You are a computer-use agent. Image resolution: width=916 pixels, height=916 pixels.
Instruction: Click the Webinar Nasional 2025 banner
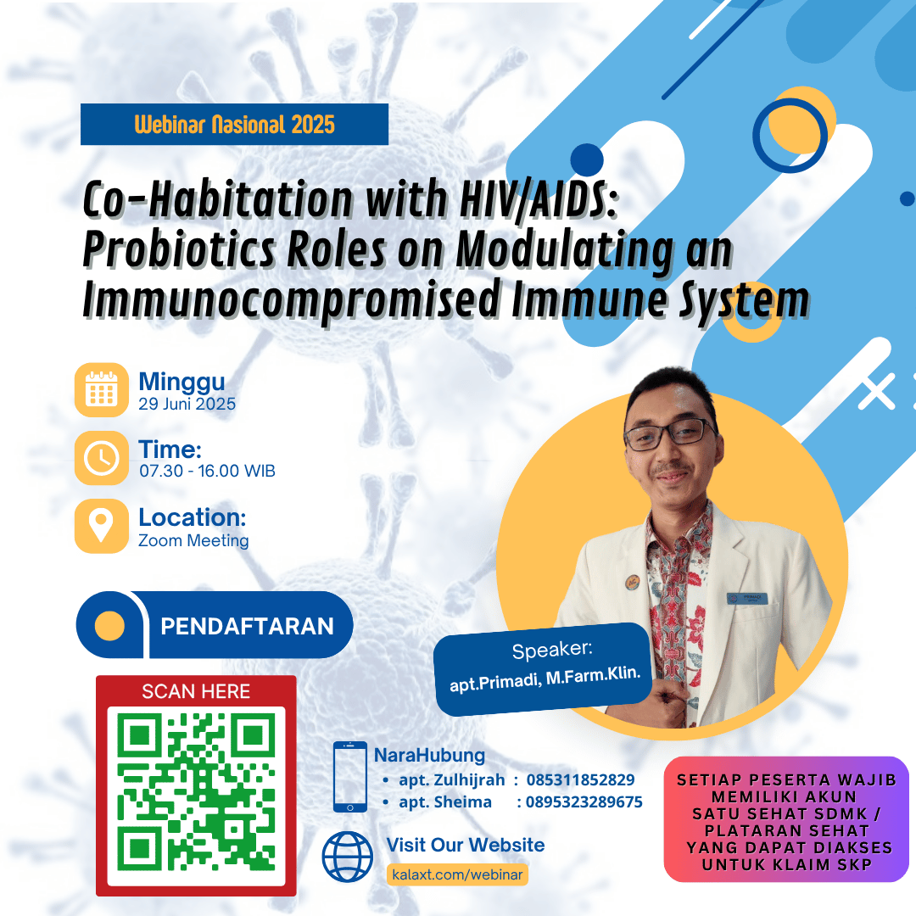234,124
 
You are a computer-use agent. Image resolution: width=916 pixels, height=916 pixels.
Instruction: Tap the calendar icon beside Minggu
102,389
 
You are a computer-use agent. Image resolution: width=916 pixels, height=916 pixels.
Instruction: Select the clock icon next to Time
102,458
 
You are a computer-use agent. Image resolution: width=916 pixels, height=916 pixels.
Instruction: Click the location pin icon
102,526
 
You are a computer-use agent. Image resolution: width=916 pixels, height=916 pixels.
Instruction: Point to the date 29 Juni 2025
187,404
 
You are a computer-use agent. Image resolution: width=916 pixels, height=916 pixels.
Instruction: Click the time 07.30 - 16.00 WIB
207,471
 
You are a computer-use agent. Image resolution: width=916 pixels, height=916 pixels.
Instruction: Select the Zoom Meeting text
193,540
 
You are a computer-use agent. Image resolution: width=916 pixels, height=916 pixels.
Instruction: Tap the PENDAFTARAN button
215,625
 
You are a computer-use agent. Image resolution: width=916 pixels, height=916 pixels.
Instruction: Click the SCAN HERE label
196,692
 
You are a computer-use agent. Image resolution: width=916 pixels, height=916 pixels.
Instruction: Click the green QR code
196,791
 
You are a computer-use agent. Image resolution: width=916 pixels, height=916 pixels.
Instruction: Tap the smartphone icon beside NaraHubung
350,777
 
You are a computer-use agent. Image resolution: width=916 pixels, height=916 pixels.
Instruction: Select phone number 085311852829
580,780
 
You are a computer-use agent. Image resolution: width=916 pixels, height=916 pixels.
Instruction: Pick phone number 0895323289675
584,802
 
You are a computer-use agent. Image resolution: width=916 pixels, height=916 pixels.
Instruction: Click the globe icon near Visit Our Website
348,857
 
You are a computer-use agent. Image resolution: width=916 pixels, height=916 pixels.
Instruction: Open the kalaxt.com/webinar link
457,874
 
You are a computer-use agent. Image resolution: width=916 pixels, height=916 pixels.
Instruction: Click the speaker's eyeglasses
671,434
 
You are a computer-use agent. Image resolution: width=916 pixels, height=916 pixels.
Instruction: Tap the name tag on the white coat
746,598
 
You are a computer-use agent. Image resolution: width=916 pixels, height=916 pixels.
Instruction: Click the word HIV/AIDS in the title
539,199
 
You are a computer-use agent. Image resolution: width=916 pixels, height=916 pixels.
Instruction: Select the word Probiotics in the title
179,250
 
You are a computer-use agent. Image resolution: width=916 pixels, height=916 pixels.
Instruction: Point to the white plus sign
876,391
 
